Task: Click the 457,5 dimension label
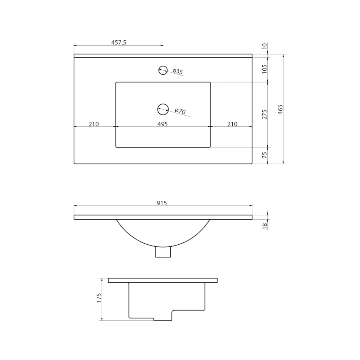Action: tap(119, 42)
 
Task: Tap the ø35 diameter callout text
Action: tap(178, 72)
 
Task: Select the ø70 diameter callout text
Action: tap(180, 111)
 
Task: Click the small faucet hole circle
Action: tap(163, 70)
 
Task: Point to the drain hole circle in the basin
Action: tap(163, 109)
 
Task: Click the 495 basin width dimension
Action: tap(162, 124)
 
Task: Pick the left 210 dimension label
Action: tap(94, 124)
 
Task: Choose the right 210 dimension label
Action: tap(232, 124)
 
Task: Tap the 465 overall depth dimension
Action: tap(280, 110)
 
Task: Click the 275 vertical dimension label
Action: tap(264, 114)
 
